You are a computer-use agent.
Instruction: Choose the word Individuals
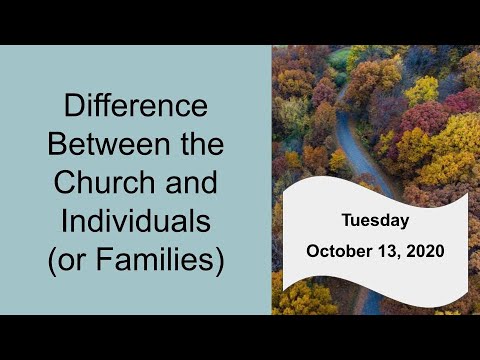point(136,223)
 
